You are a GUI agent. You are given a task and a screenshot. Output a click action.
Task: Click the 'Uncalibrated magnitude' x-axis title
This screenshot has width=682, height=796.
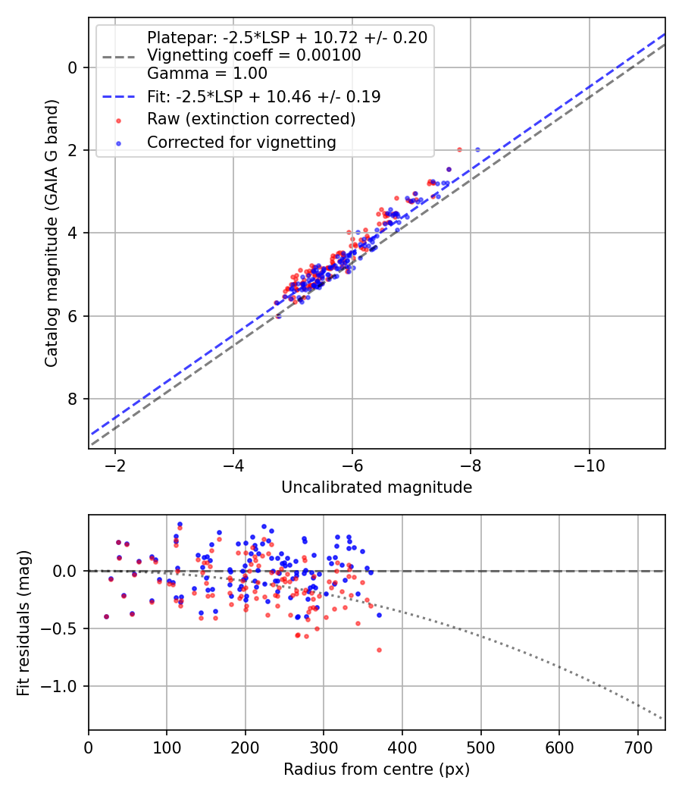pos(377,487)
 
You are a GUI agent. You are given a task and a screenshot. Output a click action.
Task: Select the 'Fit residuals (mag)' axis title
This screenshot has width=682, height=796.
pos(24,622)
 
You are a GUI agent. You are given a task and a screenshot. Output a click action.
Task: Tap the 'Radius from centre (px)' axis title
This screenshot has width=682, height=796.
pos(377,769)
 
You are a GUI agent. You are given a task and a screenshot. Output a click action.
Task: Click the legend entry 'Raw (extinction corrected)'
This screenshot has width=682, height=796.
pos(251,119)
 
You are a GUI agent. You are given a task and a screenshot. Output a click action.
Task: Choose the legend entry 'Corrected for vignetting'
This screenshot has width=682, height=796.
pos(241,142)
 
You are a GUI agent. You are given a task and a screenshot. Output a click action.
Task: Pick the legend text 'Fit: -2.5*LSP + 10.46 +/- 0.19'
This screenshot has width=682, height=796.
pos(264,96)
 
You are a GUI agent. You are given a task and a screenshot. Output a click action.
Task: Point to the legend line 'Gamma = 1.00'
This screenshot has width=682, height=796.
pos(207,74)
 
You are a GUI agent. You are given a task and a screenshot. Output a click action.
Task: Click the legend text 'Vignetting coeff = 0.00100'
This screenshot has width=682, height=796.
pos(254,55)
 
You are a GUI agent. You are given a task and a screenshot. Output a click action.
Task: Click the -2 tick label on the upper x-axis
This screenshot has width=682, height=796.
pos(115,465)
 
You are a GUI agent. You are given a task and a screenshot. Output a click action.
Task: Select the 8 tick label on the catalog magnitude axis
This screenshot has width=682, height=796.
pos(73,399)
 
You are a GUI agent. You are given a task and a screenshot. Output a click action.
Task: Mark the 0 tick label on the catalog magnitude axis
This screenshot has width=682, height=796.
pos(73,67)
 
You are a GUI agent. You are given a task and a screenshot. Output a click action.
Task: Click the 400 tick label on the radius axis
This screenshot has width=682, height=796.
pos(402,747)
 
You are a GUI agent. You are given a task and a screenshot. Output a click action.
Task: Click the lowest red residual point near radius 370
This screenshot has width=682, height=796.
pos(379,650)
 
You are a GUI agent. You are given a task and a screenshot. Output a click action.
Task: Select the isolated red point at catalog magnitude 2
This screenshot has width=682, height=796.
pos(459,149)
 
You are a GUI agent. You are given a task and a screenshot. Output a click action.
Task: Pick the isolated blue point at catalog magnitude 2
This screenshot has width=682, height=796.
pos(477,149)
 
